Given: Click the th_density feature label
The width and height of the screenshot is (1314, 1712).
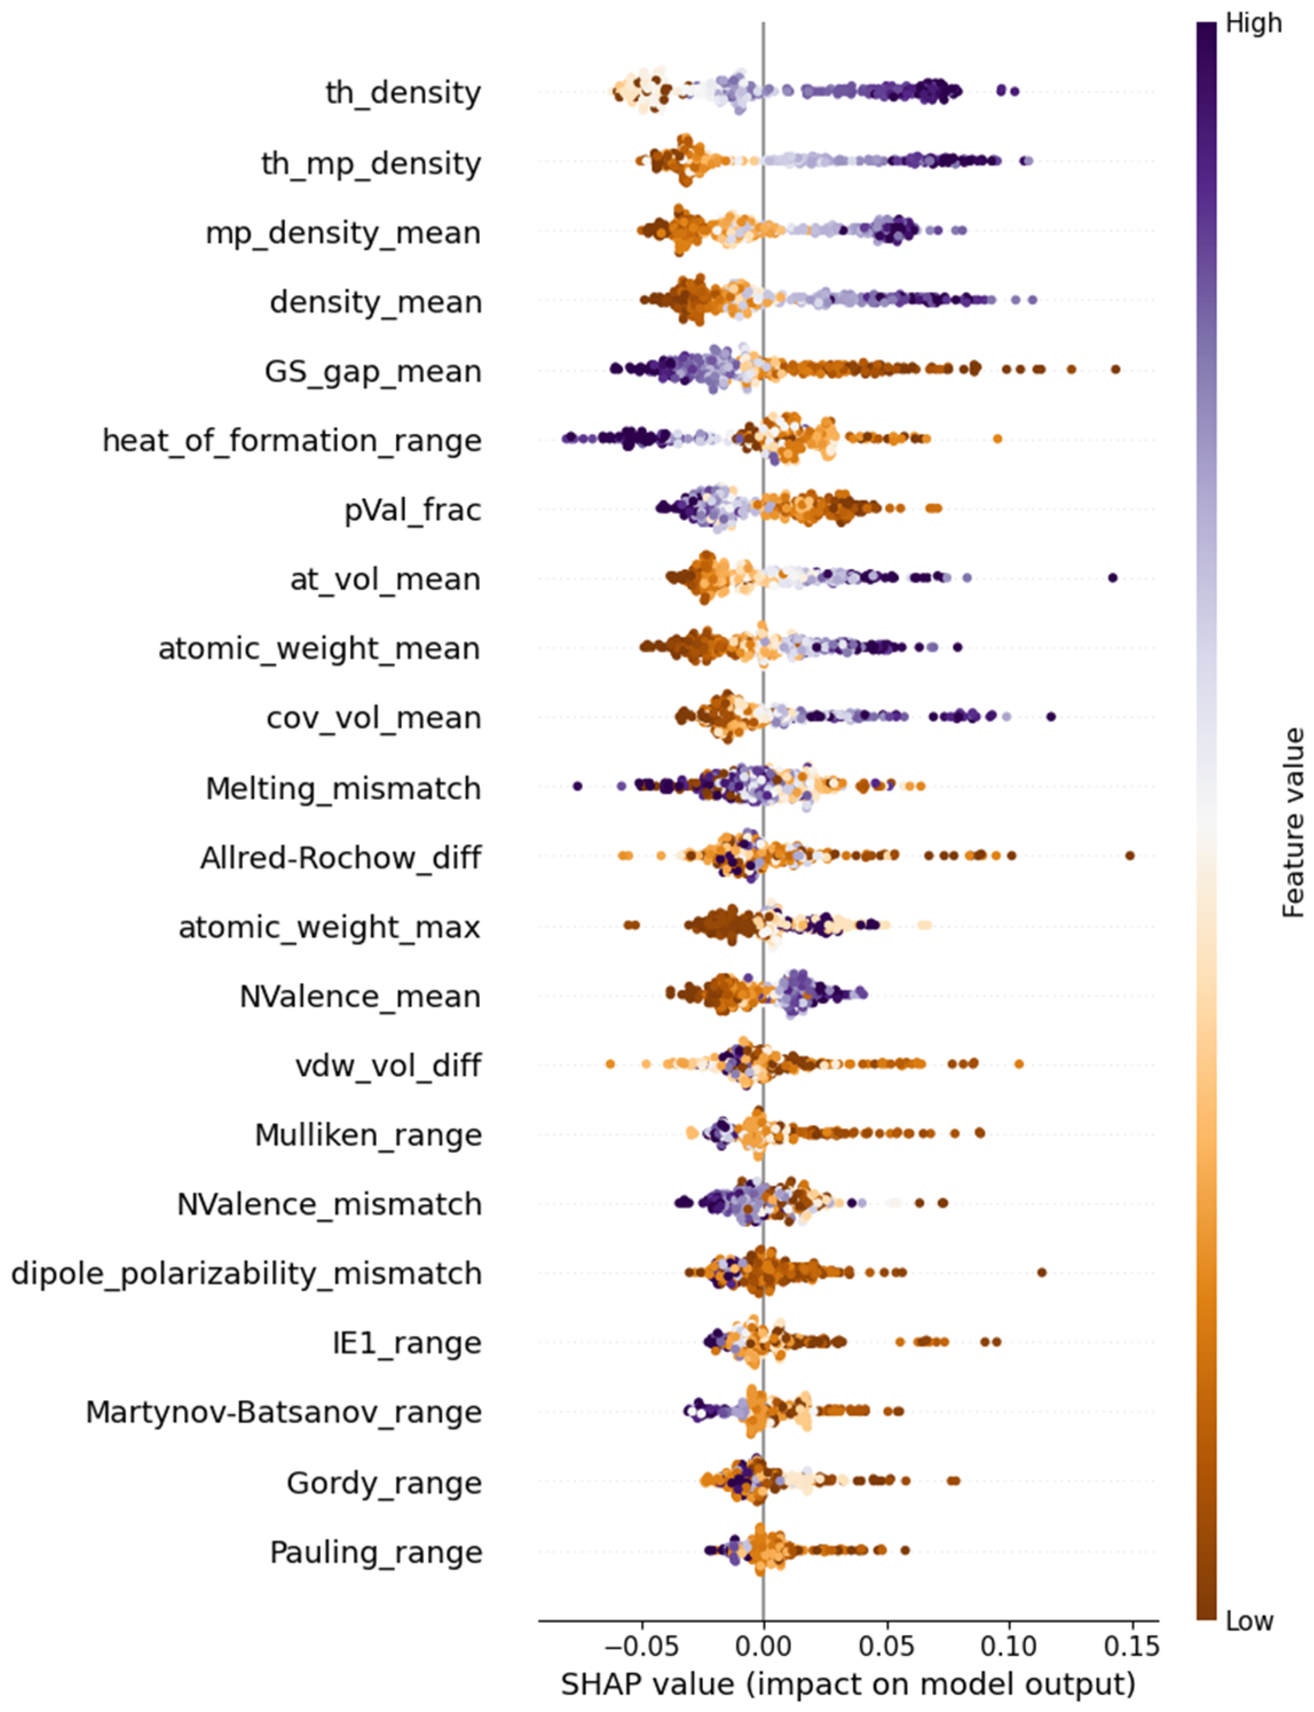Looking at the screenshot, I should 403,93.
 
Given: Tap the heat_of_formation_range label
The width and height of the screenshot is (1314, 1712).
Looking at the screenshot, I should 292,441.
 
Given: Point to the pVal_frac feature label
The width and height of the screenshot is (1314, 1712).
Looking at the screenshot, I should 412,510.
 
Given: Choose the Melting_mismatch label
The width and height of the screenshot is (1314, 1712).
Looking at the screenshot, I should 342,788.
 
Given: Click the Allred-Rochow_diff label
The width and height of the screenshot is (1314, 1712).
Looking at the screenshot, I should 340,858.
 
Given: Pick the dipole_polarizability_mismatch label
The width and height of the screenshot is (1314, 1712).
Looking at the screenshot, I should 246,1274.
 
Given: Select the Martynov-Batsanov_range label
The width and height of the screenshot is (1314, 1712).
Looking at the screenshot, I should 283,1413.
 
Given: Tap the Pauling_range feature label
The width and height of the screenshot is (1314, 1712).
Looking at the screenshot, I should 376,1552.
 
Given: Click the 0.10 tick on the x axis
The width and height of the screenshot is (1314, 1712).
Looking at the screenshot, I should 1008,1646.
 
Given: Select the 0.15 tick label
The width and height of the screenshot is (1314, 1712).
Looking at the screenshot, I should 1132,1646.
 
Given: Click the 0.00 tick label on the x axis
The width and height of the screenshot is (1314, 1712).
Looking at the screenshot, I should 763,1646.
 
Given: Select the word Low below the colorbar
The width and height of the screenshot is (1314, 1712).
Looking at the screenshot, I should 1249,1622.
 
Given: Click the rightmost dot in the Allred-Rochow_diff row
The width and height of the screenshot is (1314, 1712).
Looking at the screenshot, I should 1130,855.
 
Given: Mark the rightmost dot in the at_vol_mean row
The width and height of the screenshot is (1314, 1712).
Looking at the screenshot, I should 1113,578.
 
